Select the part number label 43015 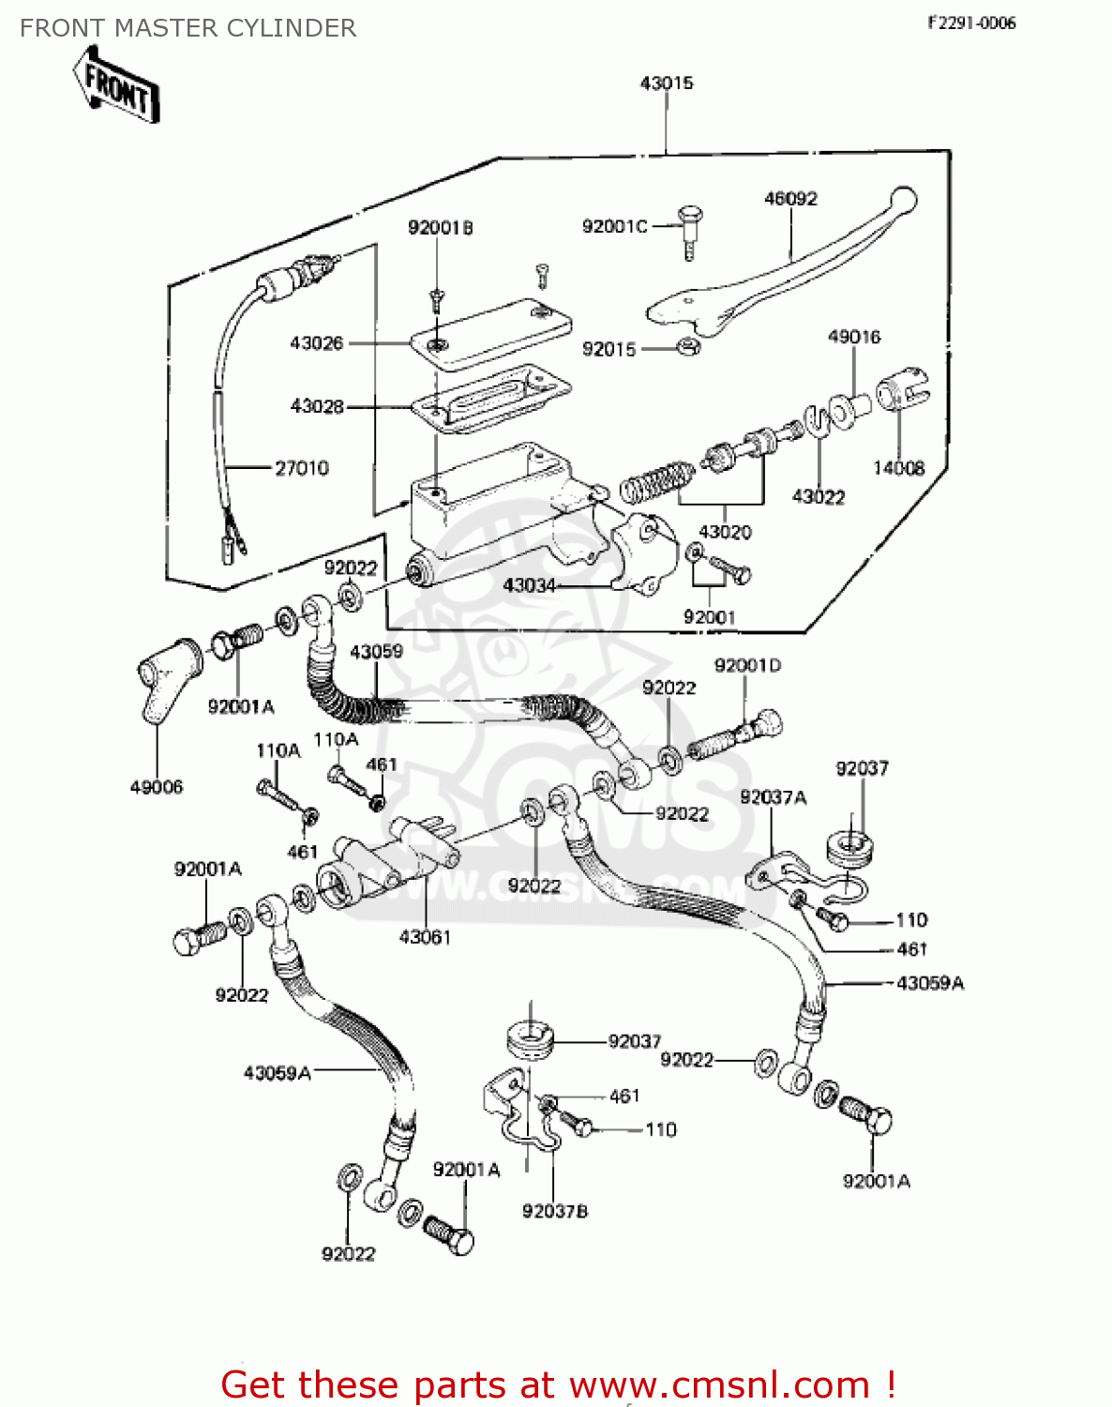pos(667,83)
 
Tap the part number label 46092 pos(790,199)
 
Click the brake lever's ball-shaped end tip pos(904,200)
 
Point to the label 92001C pos(614,226)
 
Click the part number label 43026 pos(317,343)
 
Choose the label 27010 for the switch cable pos(301,468)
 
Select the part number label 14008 pos(898,468)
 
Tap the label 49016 pos(853,337)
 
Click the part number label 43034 pos(530,585)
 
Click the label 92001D pos(747,666)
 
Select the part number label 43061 pos(425,937)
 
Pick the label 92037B pos(555,1211)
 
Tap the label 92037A pos(773,797)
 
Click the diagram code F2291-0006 pos(971,23)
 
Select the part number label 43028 pos(317,406)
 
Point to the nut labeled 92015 pos(687,347)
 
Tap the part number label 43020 pos(725,532)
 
